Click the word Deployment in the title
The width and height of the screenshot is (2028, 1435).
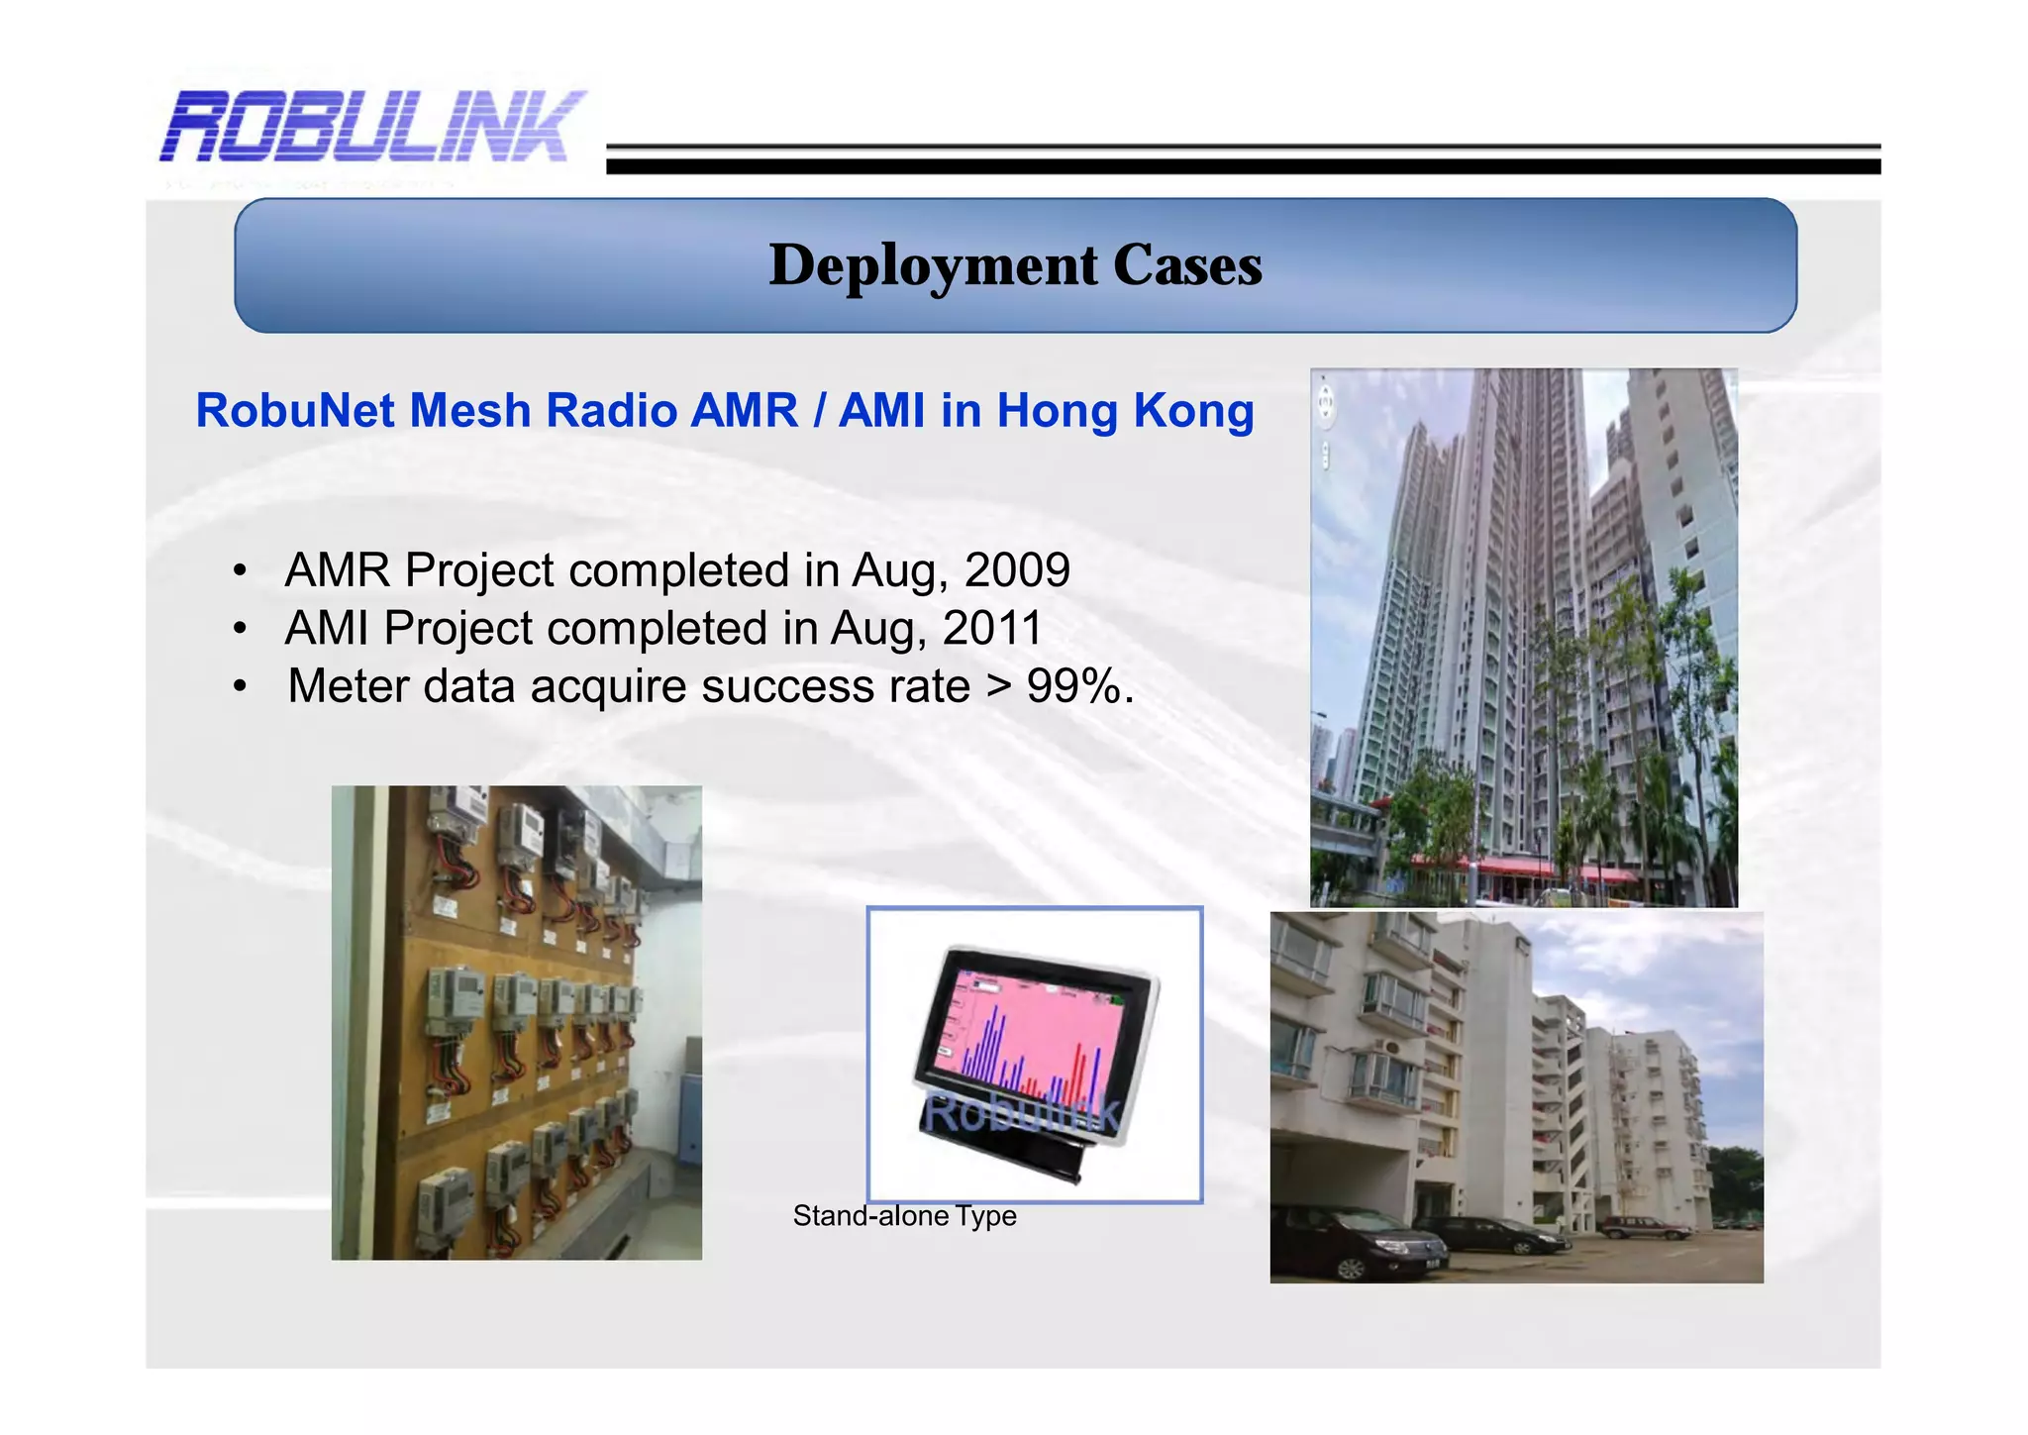933,265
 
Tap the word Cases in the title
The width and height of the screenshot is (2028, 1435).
1186,265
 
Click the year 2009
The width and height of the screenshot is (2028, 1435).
1017,570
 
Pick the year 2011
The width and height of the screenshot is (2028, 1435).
992,628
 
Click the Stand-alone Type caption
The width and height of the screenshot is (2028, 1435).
904,1216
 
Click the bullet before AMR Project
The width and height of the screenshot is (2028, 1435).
239,571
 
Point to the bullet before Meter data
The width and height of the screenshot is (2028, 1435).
239,687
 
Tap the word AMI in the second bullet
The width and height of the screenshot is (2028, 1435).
326,628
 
